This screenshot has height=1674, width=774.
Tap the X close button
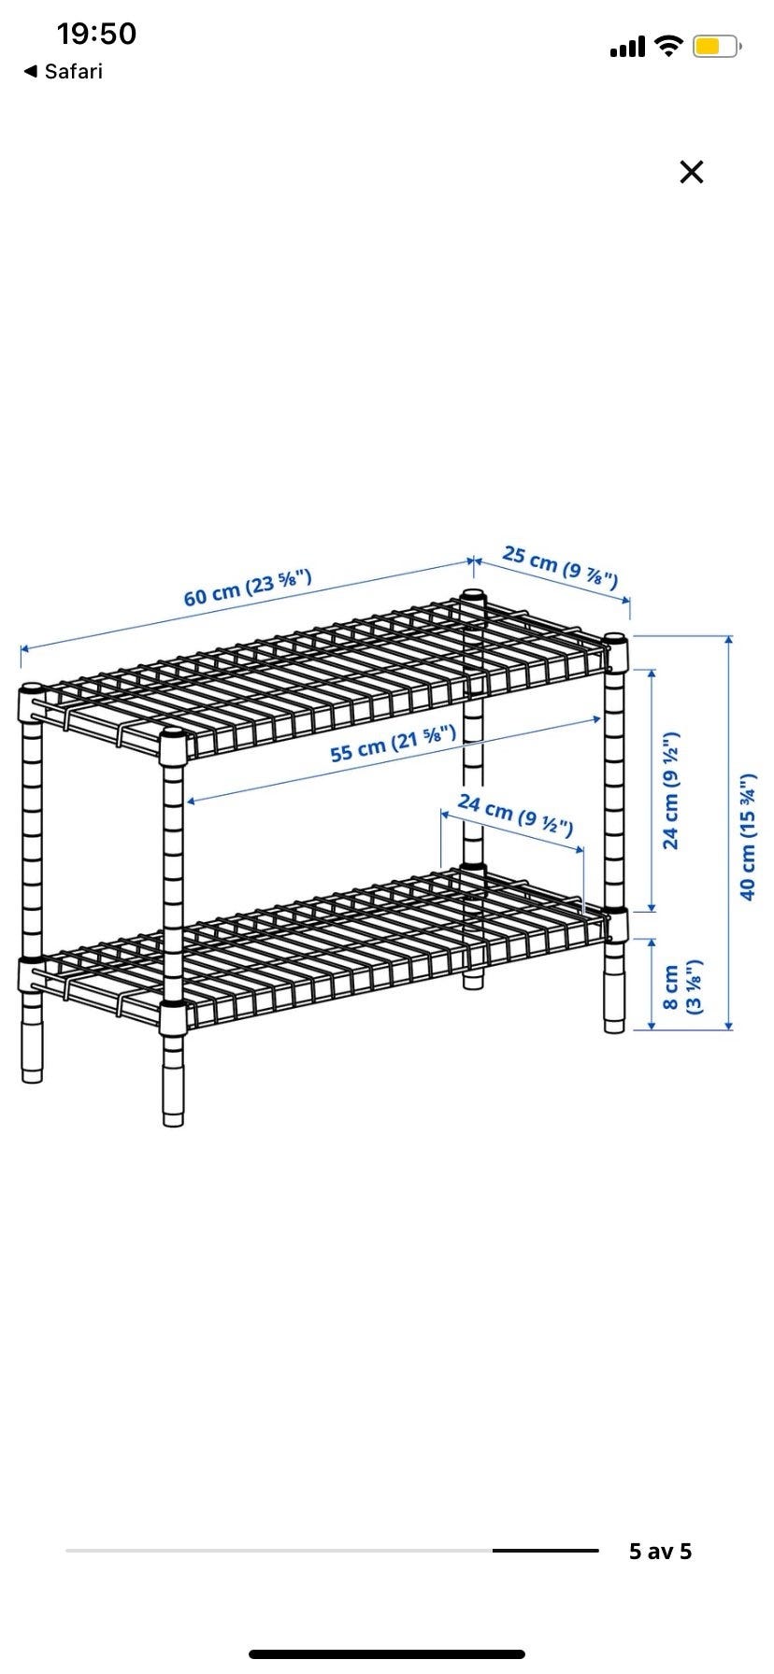691,172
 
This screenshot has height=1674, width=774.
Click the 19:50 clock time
96,34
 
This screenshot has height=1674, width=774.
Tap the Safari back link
63,71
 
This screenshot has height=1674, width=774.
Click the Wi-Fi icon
668,46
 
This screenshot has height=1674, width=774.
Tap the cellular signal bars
627,46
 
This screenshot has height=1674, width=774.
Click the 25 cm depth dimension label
560,567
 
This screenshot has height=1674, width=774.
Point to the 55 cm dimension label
394,741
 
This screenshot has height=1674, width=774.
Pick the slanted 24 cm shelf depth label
515,814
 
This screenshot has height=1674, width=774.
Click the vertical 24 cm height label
671,790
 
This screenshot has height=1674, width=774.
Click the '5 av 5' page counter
661,1552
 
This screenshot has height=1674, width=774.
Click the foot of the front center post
174,1092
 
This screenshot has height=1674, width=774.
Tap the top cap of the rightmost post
615,640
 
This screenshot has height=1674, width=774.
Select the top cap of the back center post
474,595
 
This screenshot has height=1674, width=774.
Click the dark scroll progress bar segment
546,1551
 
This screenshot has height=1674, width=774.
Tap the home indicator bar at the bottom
387,1654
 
